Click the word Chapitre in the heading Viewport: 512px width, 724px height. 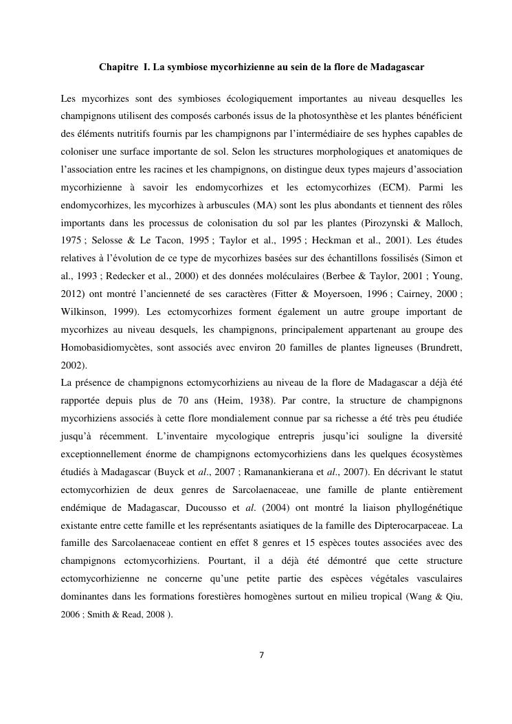pos(118,68)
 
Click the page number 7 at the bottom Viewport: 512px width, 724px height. pos(260,654)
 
